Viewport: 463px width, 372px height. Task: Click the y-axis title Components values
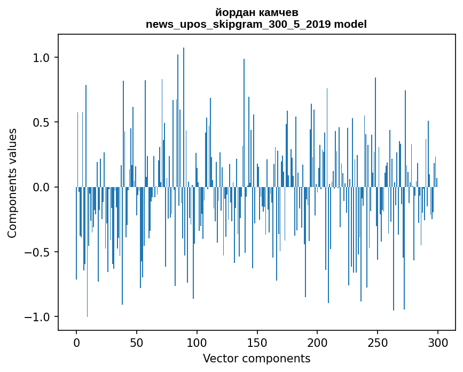tap(12, 183)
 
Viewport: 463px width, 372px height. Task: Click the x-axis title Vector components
tap(256, 358)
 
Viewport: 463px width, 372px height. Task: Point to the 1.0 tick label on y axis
tap(42, 57)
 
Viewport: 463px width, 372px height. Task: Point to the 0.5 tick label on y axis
tap(42, 122)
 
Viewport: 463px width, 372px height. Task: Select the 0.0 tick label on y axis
tap(42, 187)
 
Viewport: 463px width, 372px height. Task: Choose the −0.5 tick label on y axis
tap(38, 252)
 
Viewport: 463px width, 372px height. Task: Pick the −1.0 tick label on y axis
tap(38, 317)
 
